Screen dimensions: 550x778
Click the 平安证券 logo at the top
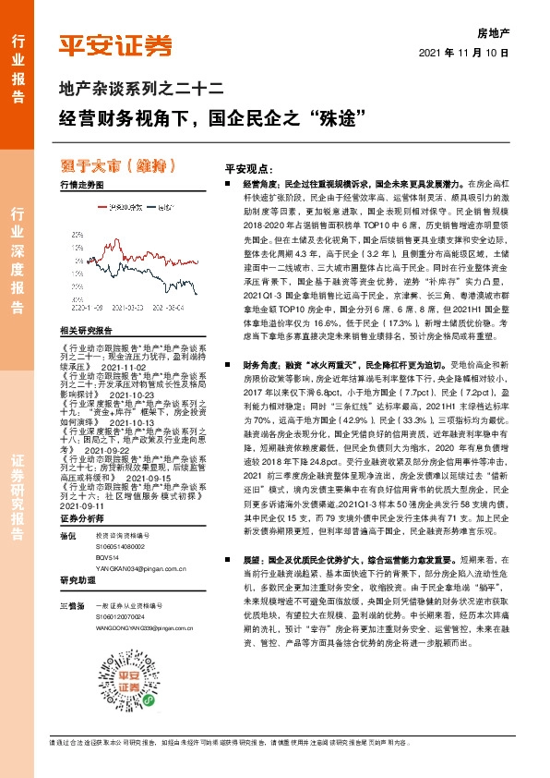115,43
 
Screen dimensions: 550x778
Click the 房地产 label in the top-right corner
493,31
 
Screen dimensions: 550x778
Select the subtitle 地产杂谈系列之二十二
136,91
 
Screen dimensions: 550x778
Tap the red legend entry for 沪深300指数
120,207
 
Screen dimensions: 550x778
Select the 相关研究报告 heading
85,330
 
